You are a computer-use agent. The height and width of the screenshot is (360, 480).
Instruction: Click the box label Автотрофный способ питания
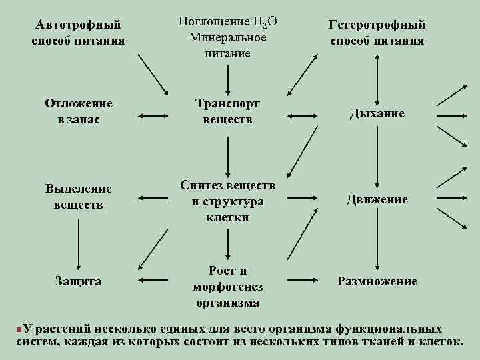point(78,33)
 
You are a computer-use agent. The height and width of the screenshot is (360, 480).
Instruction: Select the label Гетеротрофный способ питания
point(377,33)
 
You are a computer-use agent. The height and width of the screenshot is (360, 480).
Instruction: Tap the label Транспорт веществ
point(227,111)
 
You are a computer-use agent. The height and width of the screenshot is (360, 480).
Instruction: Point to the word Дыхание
point(377,113)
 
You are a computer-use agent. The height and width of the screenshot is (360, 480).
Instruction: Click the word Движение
point(377,199)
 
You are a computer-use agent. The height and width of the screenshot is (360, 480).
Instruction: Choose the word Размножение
point(377,281)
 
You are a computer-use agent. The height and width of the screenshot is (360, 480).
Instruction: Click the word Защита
point(78,281)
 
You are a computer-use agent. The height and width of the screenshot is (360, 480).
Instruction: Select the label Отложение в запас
point(78,111)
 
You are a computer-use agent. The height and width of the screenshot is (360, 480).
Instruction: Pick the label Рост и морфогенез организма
point(227,287)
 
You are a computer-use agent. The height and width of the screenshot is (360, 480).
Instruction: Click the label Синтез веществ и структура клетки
point(227,201)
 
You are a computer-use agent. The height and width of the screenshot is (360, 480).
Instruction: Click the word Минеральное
point(227,37)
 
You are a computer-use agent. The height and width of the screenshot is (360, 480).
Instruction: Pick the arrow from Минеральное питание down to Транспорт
point(228,77)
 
